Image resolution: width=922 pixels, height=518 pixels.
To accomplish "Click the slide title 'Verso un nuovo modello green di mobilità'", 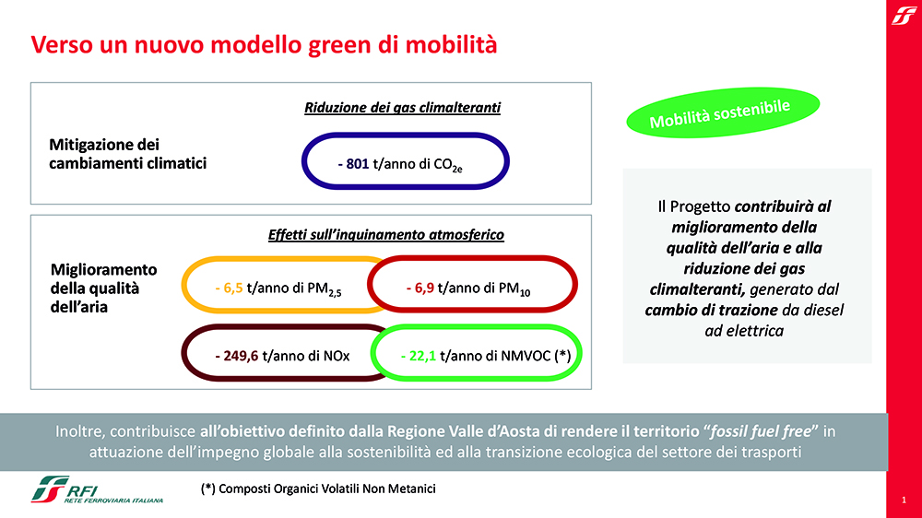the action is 264,45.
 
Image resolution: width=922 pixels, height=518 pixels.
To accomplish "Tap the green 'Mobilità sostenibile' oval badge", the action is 723,112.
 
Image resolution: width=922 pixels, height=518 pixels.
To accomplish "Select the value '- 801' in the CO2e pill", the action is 353,164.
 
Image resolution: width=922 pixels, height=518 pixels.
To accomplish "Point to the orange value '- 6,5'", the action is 229,288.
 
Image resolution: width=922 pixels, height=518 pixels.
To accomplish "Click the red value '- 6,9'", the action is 420,288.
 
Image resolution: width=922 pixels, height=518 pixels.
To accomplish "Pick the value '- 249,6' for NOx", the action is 236,356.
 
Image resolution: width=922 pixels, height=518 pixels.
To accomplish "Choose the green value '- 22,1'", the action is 418,356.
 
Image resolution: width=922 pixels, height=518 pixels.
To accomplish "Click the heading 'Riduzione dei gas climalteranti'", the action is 402,108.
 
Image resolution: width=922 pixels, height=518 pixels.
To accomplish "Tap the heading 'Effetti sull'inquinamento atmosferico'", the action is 385,235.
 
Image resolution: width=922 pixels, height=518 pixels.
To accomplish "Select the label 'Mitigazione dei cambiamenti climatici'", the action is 127,153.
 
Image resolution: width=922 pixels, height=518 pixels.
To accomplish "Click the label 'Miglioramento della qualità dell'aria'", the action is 103,288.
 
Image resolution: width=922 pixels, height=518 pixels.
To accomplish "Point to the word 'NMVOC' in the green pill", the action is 526,356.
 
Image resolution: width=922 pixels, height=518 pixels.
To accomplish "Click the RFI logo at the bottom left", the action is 97,489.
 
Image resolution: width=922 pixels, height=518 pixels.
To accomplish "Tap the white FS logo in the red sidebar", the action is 904,15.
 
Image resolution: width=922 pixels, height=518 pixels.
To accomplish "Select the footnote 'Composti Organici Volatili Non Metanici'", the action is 327,489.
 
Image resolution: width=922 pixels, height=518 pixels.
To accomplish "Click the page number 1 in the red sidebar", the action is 904,500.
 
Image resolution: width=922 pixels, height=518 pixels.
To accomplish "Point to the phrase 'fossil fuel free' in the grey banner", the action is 761,431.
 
